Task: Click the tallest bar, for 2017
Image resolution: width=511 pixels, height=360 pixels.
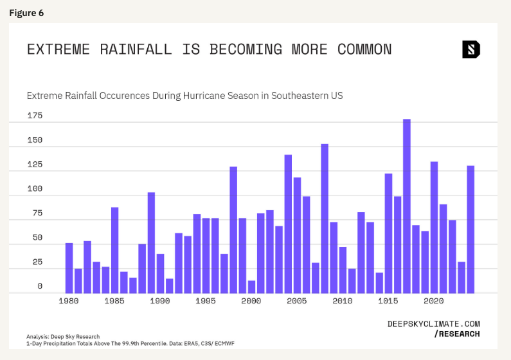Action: tap(407, 206)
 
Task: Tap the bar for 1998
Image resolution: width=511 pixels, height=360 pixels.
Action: tap(233, 230)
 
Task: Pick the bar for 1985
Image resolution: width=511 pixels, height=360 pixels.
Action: tap(114, 250)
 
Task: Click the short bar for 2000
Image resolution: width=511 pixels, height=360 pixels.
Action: tap(251, 287)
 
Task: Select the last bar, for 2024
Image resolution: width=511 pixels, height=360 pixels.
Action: tap(471, 229)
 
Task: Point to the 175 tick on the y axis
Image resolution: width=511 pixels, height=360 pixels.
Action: tap(35, 116)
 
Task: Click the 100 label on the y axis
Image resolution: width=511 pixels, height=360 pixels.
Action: tap(35, 189)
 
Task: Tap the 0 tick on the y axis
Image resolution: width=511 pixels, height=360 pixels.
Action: tap(39, 286)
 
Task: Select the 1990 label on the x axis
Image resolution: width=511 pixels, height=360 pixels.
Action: tap(159, 301)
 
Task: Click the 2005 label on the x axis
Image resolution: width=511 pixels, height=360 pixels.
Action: tap(296, 301)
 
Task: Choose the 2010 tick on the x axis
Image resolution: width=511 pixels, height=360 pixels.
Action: tap(343, 301)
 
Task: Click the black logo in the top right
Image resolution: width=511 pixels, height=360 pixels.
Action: tap(471, 50)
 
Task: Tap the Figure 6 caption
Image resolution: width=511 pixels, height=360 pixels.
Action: tap(26, 13)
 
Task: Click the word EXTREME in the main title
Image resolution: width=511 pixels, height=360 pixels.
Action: tap(58, 50)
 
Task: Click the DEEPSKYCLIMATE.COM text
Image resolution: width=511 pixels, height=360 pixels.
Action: tap(433, 324)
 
